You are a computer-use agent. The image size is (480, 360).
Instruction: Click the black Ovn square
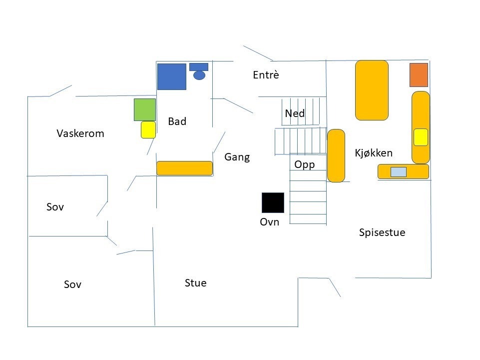click(x=273, y=202)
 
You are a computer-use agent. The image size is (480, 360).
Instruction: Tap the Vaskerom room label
click(x=80, y=133)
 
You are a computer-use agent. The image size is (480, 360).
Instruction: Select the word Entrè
click(x=266, y=75)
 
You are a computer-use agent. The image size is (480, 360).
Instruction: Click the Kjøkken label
click(x=374, y=153)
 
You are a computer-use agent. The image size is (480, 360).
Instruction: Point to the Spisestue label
click(x=382, y=232)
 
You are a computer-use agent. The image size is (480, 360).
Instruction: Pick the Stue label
click(x=195, y=283)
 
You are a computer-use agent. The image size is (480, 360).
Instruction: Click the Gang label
click(x=237, y=157)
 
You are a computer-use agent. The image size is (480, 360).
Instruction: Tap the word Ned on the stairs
click(x=295, y=113)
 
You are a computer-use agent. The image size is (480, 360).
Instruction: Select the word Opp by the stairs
click(x=304, y=164)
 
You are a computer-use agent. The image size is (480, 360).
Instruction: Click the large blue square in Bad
click(x=172, y=76)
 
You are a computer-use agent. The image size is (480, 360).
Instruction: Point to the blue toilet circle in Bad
click(x=199, y=75)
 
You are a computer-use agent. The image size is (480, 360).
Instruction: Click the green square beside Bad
click(x=145, y=109)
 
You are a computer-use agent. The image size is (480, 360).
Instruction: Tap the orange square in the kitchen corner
click(x=419, y=75)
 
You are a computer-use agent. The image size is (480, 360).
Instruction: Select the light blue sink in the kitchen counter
click(x=398, y=172)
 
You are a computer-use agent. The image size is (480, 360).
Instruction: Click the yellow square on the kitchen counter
click(x=421, y=137)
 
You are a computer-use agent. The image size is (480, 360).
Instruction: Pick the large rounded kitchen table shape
click(x=372, y=90)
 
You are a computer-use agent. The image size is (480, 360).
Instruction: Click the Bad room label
click(x=177, y=121)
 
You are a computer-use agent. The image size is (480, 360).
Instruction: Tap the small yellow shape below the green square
click(x=148, y=129)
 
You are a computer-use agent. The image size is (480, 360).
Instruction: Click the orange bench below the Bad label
click(x=185, y=168)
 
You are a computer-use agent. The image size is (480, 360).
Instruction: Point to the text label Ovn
click(x=269, y=222)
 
